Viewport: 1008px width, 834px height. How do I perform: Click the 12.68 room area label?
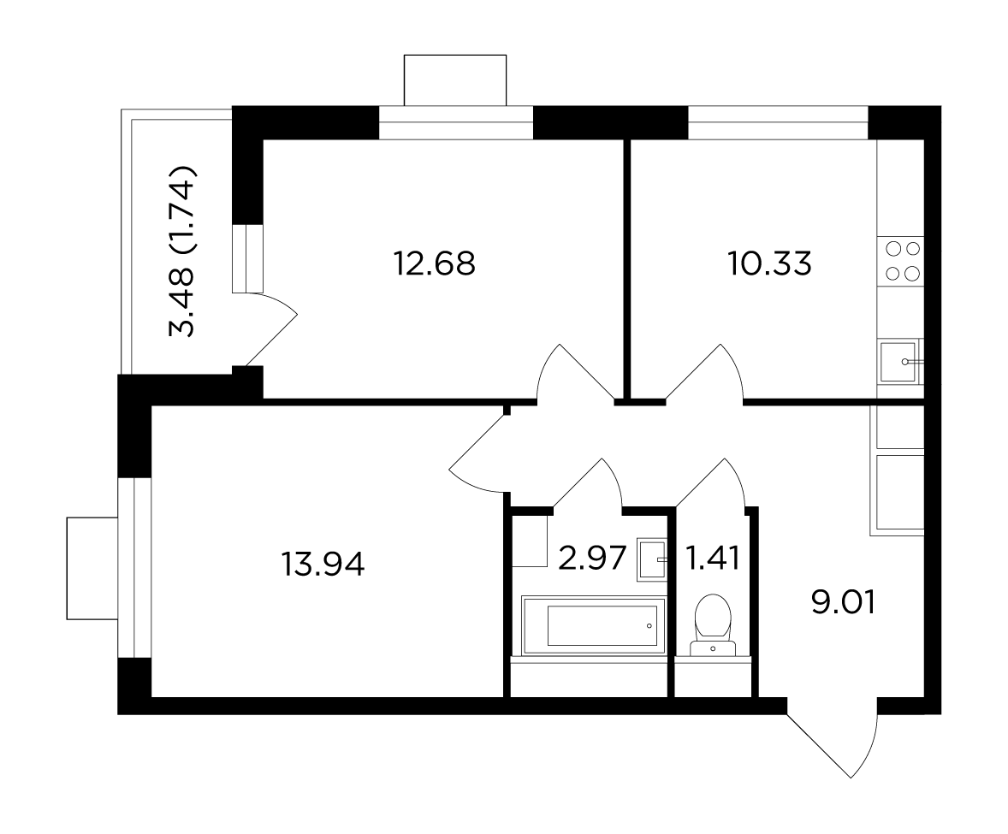[x=435, y=263]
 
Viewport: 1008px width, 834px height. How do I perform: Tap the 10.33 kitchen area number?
[x=769, y=263]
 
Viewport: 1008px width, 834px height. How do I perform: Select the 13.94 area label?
[x=323, y=565]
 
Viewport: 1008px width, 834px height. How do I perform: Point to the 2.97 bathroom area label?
[x=592, y=558]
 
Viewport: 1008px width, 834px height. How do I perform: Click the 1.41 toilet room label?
[x=713, y=558]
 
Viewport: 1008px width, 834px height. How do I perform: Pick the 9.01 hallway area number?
[x=844, y=603]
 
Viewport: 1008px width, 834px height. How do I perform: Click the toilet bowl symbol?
[x=712, y=625]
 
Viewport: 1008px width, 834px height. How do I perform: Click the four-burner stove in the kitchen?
[x=901, y=262]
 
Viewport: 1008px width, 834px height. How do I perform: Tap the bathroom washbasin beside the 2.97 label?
[x=653, y=560]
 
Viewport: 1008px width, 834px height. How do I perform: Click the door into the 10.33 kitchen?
[x=704, y=373]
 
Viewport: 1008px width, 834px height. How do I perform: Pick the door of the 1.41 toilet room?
[x=711, y=483]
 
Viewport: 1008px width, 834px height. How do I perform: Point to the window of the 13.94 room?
[x=133, y=567]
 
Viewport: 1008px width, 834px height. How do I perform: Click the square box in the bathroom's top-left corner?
[x=530, y=541]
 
